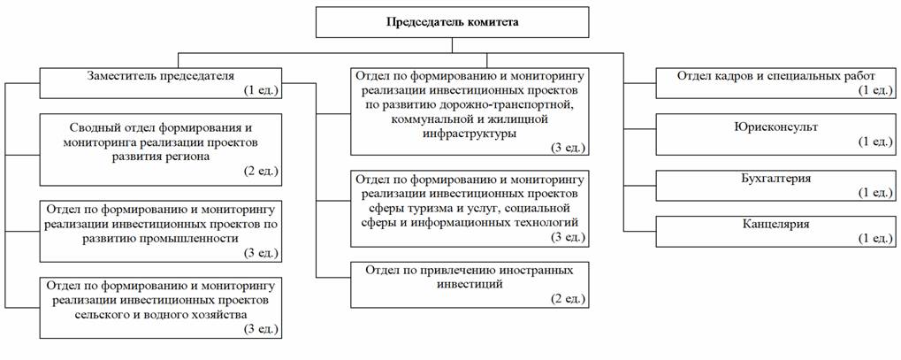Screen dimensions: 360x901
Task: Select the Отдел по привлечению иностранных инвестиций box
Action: (469, 283)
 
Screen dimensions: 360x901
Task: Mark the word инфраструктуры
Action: (469, 134)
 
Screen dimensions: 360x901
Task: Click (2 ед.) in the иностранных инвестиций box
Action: (566, 299)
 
